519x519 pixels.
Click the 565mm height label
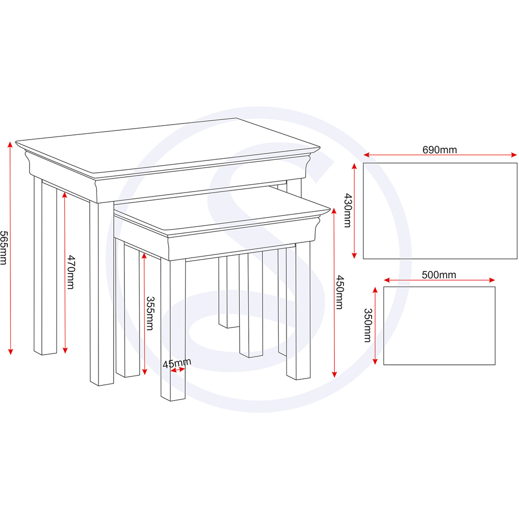(3, 248)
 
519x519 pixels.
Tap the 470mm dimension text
(71, 272)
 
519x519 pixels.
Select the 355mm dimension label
(149, 313)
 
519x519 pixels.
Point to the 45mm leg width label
(177, 363)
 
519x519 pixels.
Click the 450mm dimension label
(339, 292)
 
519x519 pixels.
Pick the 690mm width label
(440, 149)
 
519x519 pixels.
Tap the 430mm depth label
(348, 211)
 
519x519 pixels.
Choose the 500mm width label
(439, 275)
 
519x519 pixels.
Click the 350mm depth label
(368, 325)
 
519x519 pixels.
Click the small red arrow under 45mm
(177, 370)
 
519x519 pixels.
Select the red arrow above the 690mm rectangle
(440, 155)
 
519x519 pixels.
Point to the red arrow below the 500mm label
(439, 280)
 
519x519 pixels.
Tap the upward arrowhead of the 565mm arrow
(10, 145)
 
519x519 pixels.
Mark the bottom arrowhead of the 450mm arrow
(334, 374)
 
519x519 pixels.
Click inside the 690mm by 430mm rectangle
(440, 211)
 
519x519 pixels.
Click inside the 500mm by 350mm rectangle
(439, 326)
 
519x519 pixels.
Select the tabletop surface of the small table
(222, 209)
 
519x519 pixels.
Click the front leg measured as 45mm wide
(173, 330)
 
